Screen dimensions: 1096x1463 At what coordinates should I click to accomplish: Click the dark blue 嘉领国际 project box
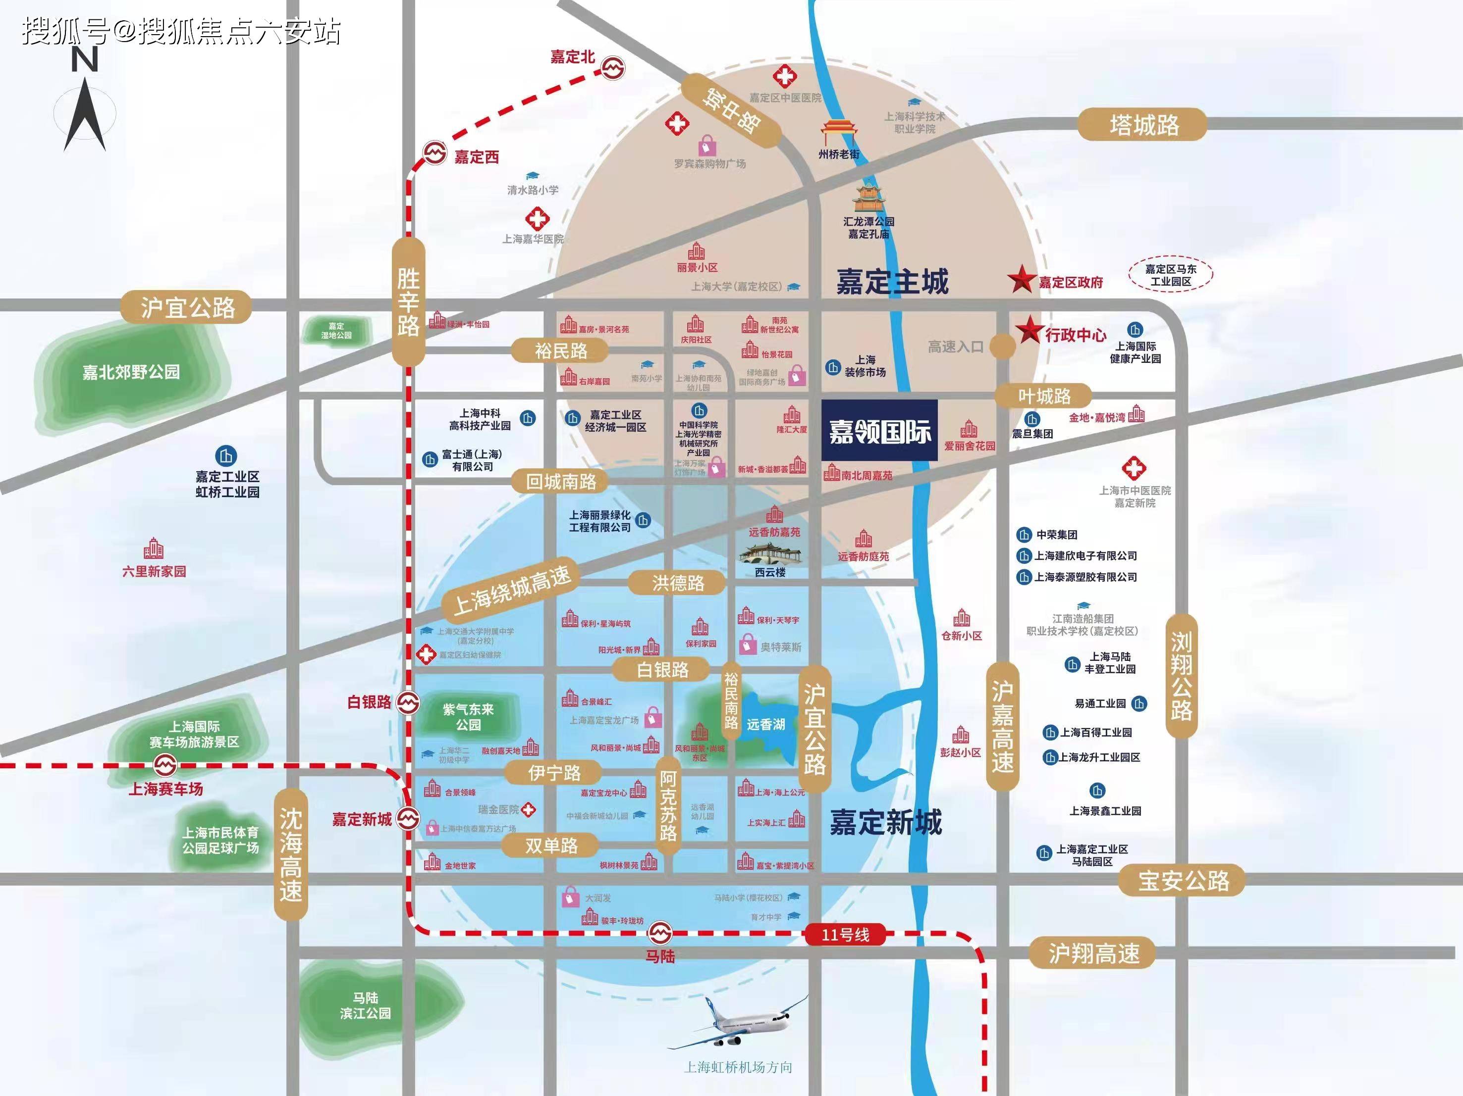pyautogui.click(x=879, y=430)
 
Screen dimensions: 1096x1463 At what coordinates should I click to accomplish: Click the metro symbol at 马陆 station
pyautogui.click(x=659, y=934)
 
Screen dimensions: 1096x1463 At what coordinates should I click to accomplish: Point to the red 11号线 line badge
pyautogui.click(x=845, y=935)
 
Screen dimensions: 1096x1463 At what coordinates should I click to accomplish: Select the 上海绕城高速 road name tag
pyautogui.click(x=511, y=590)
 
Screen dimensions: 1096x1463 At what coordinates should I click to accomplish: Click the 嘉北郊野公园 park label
pyautogui.click(x=131, y=372)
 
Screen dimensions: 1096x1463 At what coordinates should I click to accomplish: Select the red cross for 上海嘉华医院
pyautogui.click(x=537, y=219)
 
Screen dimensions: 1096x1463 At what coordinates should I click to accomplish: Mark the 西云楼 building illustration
pyautogui.click(x=770, y=554)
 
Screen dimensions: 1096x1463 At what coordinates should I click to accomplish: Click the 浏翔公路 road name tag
pyautogui.click(x=1181, y=676)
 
